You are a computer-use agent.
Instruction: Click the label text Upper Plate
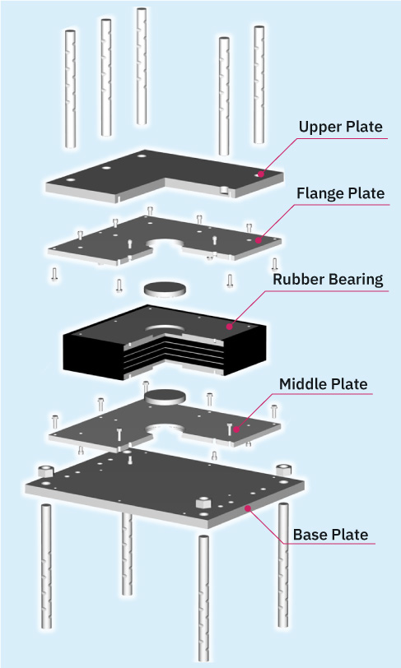[340, 127]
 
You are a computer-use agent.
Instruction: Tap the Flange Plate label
[340, 193]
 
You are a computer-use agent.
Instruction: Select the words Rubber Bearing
[328, 280]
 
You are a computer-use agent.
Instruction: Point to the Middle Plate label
[323, 384]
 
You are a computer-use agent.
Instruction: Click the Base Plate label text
[331, 535]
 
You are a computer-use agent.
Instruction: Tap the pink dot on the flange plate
[258, 241]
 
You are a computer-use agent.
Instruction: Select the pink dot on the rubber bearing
[230, 327]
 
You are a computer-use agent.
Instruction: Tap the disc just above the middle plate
[166, 396]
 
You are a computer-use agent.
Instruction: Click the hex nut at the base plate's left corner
[44, 471]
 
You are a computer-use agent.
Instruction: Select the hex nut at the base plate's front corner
[204, 502]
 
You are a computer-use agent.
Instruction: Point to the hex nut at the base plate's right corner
[283, 471]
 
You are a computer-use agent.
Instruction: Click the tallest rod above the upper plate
[142, 66]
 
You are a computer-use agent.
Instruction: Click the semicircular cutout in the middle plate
[165, 429]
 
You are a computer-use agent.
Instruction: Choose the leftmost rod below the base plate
[46, 566]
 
